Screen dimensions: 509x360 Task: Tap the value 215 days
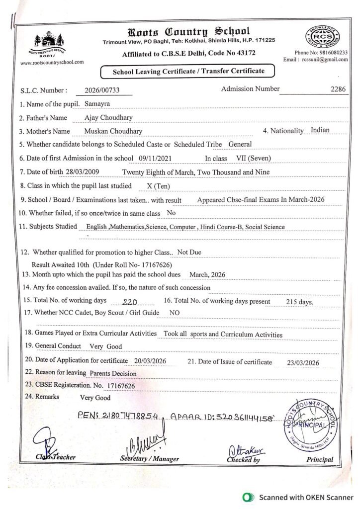(299, 302)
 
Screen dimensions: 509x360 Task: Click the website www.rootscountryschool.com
(52, 63)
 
